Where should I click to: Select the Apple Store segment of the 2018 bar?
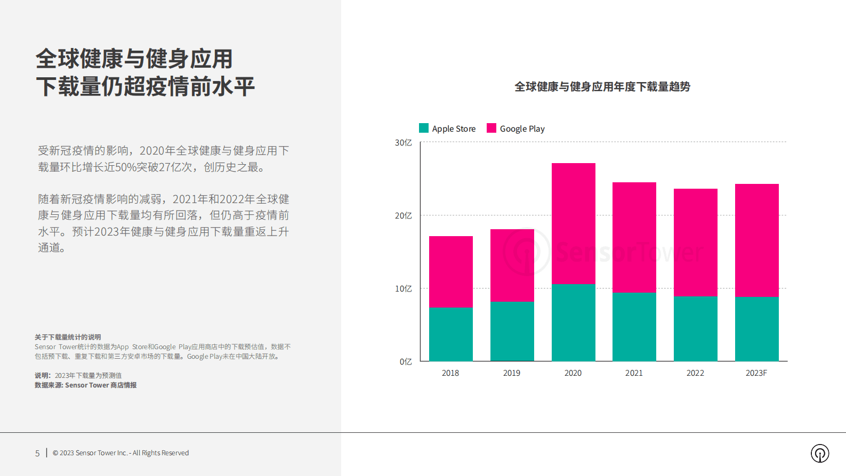tap(450, 334)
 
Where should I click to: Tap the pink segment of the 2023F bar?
tap(756, 240)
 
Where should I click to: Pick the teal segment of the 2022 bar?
tap(695, 328)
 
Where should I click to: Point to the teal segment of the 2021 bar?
tap(634, 326)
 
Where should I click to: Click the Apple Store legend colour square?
tap(424, 128)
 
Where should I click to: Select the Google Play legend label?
tap(522, 128)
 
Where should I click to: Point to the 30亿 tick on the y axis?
tap(403, 142)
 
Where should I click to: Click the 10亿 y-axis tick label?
tap(403, 288)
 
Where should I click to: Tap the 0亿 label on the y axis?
tap(406, 361)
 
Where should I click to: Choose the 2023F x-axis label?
tap(756, 373)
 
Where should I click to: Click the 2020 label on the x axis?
tap(573, 373)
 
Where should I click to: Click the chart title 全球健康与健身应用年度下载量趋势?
tap(602, 86)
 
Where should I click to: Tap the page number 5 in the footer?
tap(37, 453)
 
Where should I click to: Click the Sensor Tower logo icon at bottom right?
tap(820, 453)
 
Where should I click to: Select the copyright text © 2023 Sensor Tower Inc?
tap(120, 453)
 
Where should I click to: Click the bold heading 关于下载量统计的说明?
tap(68, 337)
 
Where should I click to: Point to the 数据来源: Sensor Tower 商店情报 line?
tap(85, 385)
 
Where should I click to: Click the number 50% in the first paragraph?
tap(126, 167)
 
